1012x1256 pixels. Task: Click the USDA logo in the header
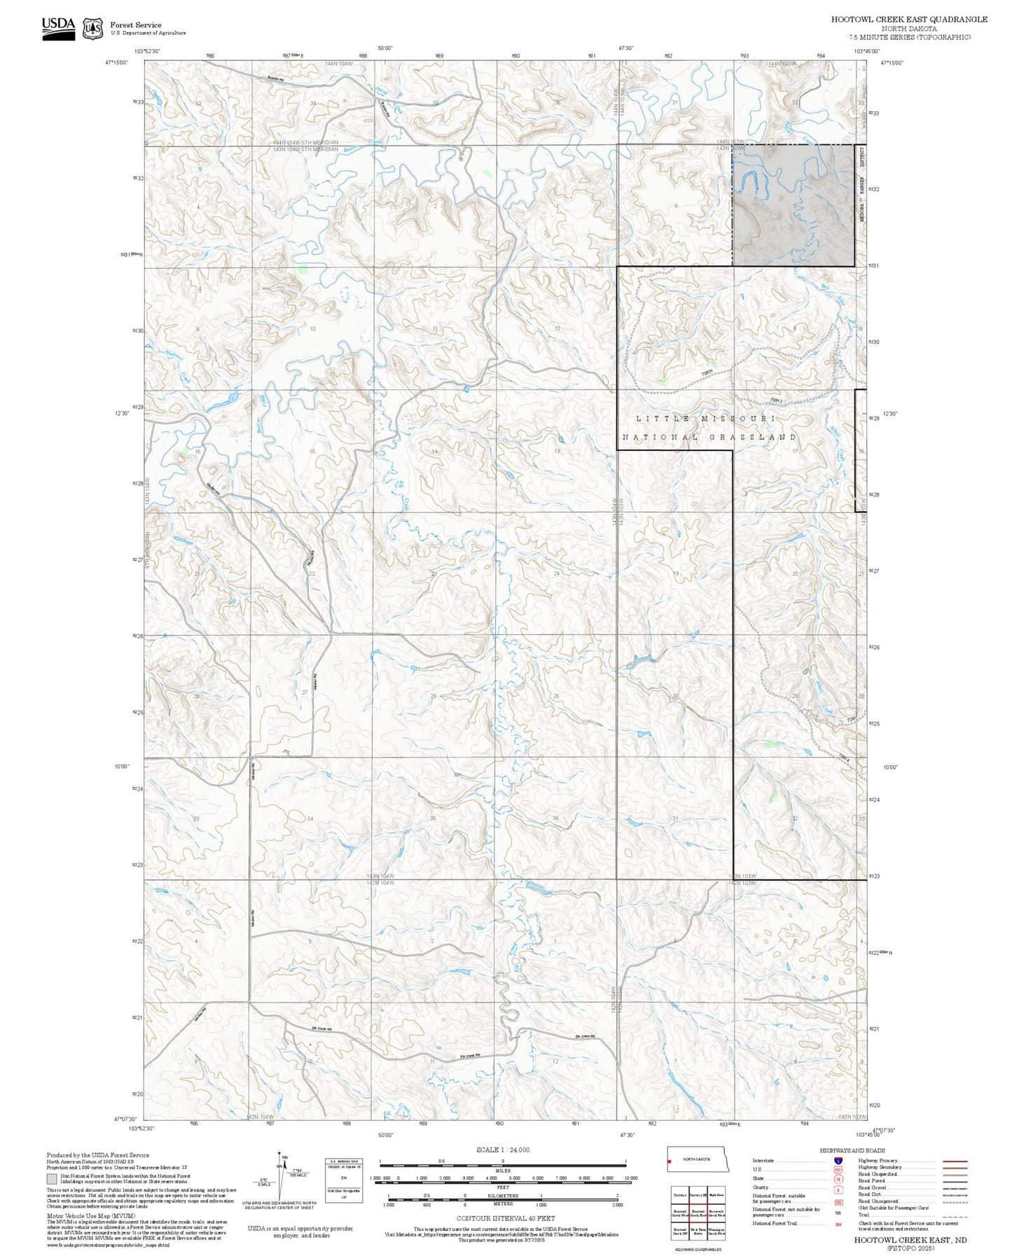[x=58, y=27]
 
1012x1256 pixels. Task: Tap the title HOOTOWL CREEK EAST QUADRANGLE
[x=909, y=20]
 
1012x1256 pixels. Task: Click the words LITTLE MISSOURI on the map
[x=705, y=418]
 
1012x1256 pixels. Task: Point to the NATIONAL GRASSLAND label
[x=709, y=437]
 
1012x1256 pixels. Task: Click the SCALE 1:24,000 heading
[x=502, y=1150]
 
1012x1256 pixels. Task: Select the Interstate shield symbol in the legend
[x=838, y=1160]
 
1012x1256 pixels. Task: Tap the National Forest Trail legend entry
[x=775, y=1223]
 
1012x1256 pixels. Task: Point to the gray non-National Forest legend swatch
[x=52, y=1179]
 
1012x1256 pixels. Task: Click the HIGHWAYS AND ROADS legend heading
[x=852, y=1150]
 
